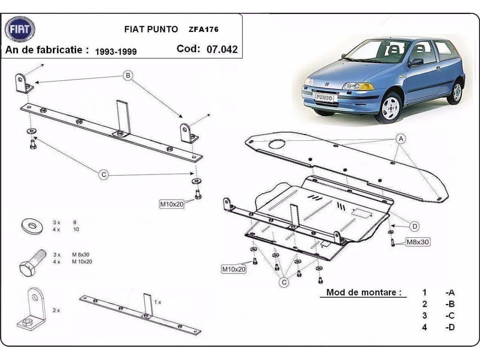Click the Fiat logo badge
(20, 29)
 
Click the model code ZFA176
(204, 29)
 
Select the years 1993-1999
(116, 52)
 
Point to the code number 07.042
(222, 49)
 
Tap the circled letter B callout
(128, 75)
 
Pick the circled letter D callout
(415, 227)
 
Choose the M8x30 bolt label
(418, 242)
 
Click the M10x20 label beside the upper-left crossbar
(172, 204)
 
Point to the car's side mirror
(416, 62)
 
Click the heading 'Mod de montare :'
(364, 292)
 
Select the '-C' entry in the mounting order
(450, 315)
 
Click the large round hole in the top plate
(276, 144)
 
